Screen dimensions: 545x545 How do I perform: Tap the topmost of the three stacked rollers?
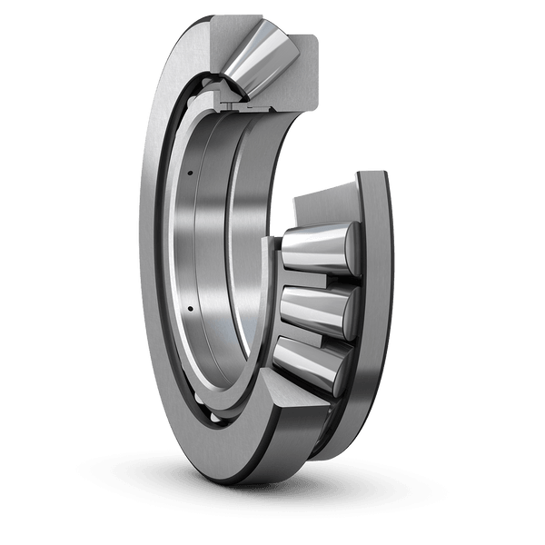313,251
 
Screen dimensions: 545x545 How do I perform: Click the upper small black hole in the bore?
192,172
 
